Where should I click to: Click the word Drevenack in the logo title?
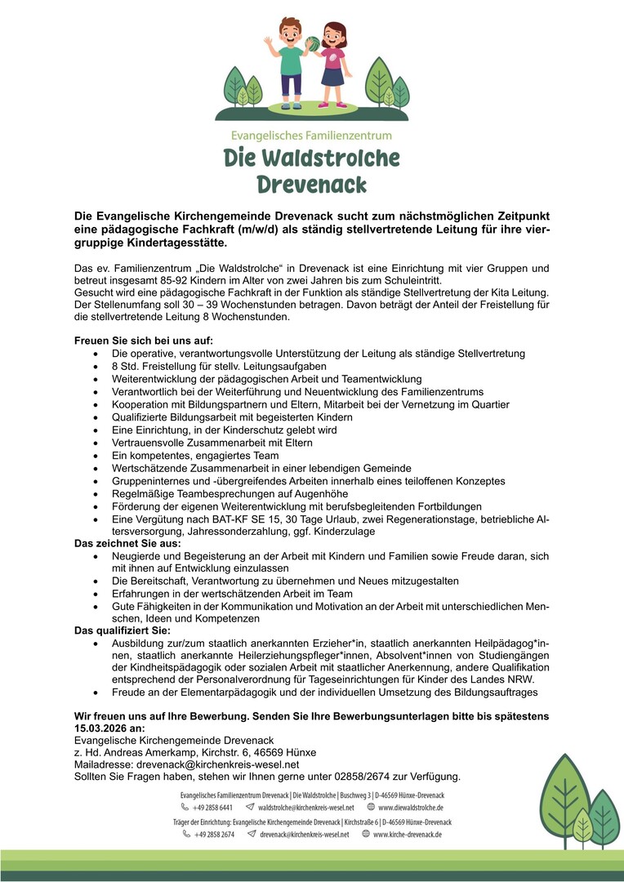[312, 184]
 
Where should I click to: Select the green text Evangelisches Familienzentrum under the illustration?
[312, 135]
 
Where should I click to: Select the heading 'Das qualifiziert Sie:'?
[123, 630]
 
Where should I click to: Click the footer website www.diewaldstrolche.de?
[411, 808]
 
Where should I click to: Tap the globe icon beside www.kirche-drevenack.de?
[364, 835]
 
